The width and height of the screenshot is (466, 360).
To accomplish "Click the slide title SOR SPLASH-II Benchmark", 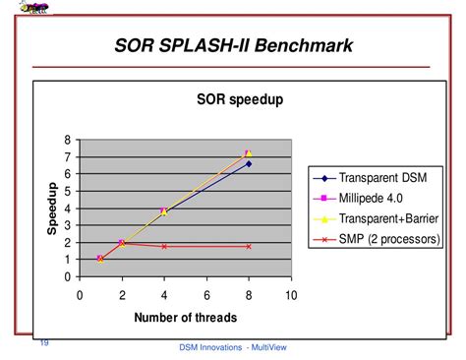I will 233,45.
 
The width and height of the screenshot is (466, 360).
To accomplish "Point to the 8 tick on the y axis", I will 68,140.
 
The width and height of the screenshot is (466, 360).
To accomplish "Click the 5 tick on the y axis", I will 68,191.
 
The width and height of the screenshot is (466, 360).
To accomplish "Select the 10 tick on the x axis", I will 291,294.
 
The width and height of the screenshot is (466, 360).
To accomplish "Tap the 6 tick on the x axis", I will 206,294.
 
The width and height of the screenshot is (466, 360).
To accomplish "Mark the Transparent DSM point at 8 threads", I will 249,163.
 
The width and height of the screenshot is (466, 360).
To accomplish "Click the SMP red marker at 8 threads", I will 249,246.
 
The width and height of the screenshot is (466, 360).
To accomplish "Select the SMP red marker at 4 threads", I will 164,246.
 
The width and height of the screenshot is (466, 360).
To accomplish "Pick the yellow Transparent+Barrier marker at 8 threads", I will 249,152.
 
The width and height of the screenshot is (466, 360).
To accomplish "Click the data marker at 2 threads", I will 122,242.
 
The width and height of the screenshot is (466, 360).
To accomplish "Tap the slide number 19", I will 44,342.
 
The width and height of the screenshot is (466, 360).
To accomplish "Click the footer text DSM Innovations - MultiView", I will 233,348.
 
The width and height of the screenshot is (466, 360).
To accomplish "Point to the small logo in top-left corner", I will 36,8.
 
